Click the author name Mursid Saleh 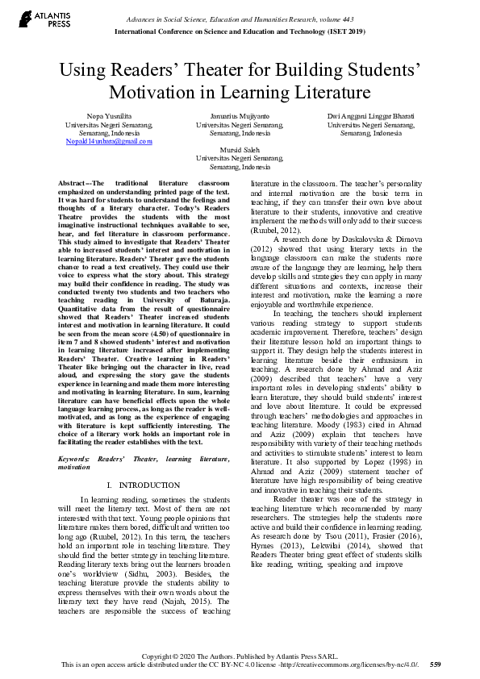240,150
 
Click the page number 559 435,664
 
